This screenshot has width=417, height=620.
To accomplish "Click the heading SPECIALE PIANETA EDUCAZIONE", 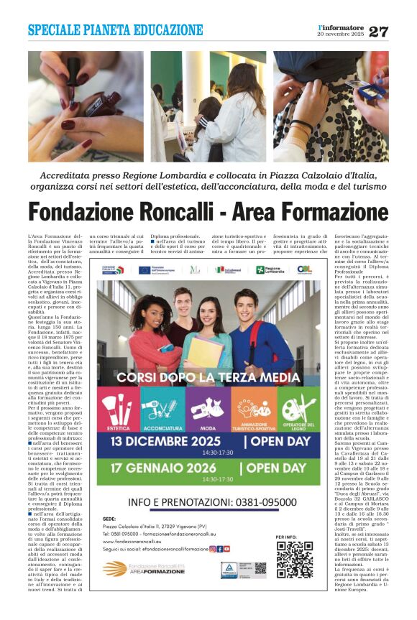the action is coord(116,30).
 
